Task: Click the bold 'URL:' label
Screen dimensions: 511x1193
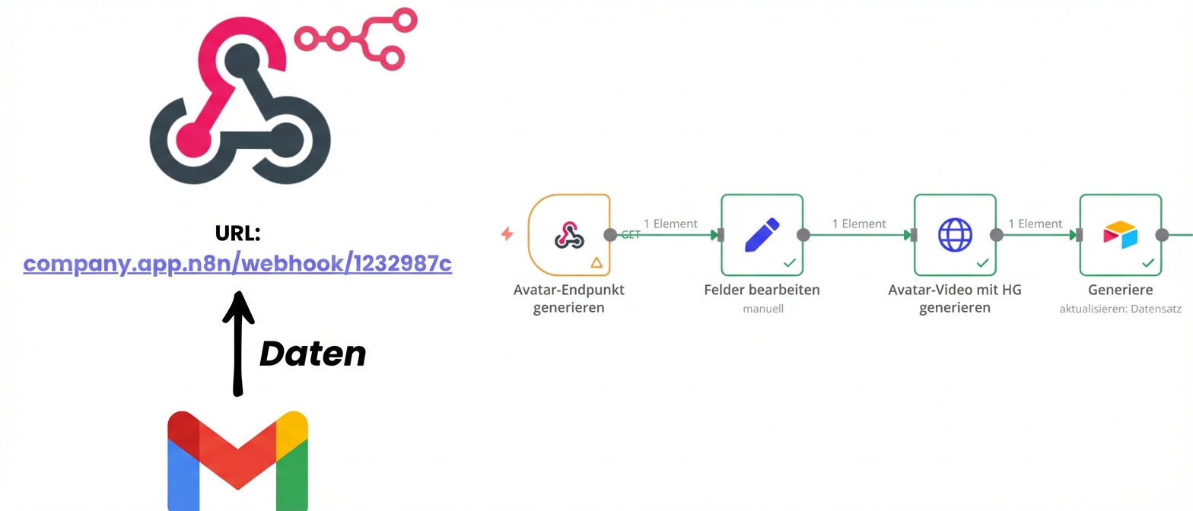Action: tap(237, 234)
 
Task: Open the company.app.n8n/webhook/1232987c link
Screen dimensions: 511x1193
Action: tap(237, 264)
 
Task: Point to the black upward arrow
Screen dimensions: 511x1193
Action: tap(238, 342)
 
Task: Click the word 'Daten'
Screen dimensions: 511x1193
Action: tap(313, 354)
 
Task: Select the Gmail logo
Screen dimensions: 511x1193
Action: tap(237, 460)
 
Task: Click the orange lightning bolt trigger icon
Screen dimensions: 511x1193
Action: tap(507, 234)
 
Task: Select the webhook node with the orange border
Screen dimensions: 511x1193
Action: tap(569, 234)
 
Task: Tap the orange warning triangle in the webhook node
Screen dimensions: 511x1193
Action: tap(596, 262)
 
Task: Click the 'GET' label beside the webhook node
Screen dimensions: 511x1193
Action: tap(630, 235)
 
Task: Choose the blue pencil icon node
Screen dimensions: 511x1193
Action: tap(762, 234)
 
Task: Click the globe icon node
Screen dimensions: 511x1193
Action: tap(955, 234)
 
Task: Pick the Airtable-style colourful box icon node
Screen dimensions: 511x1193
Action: tap(1120, 234)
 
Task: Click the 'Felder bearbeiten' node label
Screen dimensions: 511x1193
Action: tap(762, 290)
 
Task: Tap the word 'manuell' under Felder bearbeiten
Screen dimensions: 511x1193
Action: tap(762, 309)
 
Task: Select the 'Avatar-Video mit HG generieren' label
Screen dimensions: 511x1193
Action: tap(955, 298)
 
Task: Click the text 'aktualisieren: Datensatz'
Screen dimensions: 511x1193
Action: tap(1120, 309)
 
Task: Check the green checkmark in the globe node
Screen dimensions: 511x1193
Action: tap(983, 262)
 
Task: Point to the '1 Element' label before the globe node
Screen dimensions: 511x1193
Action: tap(859, 224)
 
